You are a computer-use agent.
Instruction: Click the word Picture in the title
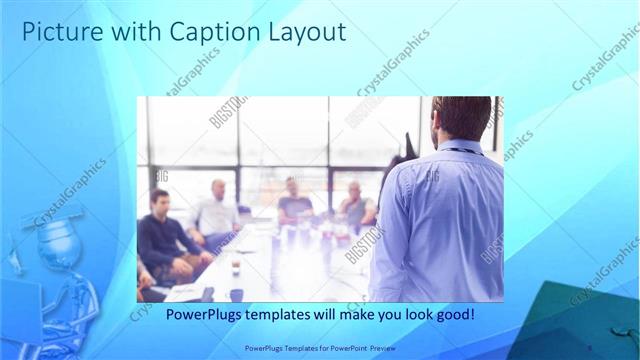click(x=57, y=32)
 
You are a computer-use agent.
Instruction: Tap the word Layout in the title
click(x=304, y=32)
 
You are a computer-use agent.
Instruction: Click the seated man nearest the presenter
click(x=355, y=205)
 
